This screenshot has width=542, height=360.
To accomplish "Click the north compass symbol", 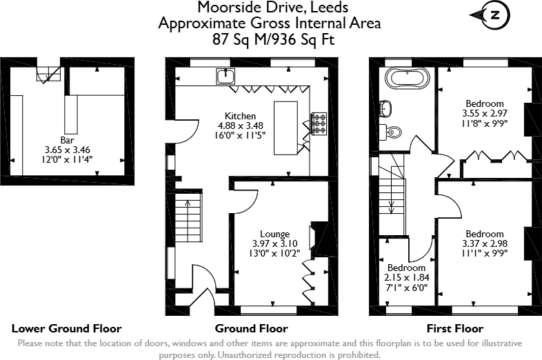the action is (x=490, y=15).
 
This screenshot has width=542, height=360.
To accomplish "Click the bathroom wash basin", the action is (x=385, y=108).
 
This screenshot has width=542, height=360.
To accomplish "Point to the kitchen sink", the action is (x=225, y=76).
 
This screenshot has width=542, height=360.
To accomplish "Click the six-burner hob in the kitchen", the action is (x=319, y=123).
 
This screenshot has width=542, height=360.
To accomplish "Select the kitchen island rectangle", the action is (x=285, y=128).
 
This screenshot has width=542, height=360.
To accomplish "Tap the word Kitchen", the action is (x=240, y=116).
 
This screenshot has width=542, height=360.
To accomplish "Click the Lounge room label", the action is (x=275, y=234).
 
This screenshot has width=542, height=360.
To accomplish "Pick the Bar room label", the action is (x=67, y=140).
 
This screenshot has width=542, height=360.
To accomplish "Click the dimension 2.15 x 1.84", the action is (x=407, y=277).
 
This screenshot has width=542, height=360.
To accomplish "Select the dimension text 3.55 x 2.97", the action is (x=485, y=113).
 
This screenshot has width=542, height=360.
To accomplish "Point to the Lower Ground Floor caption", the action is (x=67, y=328).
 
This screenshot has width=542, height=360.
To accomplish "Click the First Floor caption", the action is (x=455, y=328).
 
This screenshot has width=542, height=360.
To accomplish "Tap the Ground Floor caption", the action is (x=251, y=328).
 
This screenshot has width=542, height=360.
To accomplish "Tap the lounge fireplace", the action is (x=319, y=240).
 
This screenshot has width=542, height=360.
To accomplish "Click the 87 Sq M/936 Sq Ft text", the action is (x=274, y=40).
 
